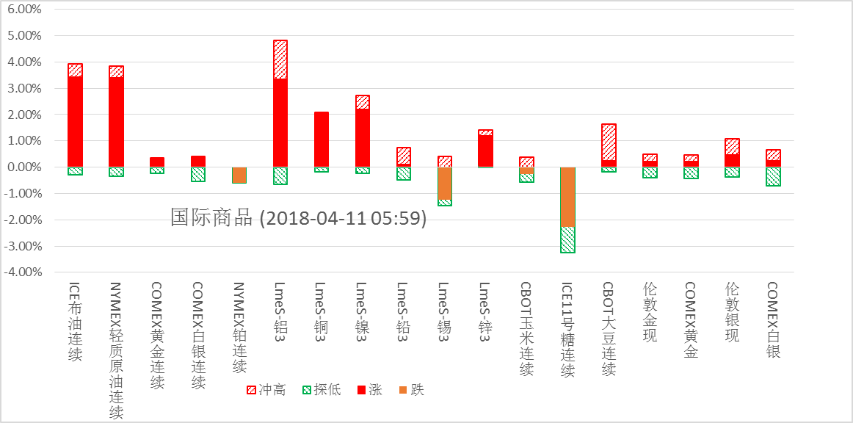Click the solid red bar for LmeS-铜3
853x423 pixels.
pos(322,140)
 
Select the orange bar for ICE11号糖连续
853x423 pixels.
pos(567,197)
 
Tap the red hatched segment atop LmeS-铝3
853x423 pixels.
pos(280,59)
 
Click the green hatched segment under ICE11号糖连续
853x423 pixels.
pos(567,239)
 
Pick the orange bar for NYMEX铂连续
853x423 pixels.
pos(239,175)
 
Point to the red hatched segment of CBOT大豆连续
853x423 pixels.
pos(609,142)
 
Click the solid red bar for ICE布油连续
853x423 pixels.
pos(75,121)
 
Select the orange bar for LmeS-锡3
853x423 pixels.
pos(445,183)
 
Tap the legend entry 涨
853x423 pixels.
pos(369,390)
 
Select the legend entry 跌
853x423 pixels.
pos(411,390)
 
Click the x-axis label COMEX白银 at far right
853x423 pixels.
pos(772,319)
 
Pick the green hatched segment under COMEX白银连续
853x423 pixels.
pos(198,174)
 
